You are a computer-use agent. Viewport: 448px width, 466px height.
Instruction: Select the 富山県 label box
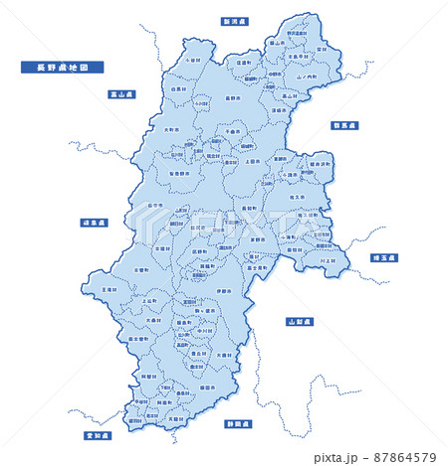pos(123,93)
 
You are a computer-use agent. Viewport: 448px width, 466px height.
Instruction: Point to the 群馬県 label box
pos(344,126)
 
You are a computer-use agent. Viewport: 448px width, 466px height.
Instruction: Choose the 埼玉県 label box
pos(383,257)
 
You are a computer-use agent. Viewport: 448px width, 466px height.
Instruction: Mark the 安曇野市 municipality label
pos(182,172)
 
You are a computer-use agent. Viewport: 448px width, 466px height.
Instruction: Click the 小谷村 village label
pos(192,60)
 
